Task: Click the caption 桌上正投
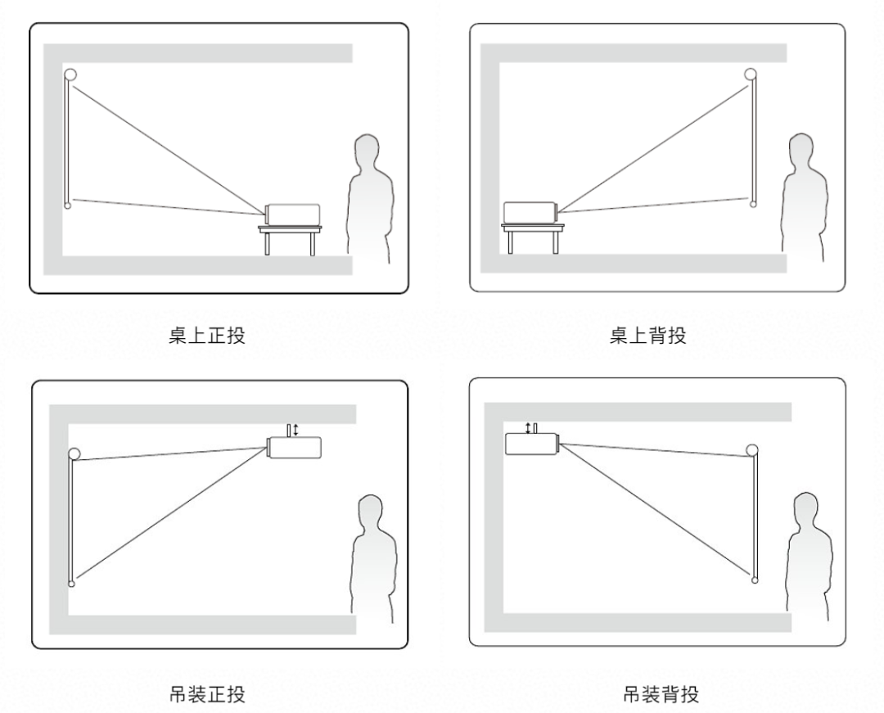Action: [x=207, y=336]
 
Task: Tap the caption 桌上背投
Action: [x=647, y=336]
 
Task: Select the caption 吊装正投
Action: [x=207, y=694]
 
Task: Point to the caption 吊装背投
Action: [x=661, y=694]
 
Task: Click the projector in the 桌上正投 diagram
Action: [x=292, y=214]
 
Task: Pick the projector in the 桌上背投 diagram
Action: [x=530, y=213]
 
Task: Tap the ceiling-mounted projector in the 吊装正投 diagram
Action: [x=294, y=447]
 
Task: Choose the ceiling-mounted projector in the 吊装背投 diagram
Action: [x=532, y=444]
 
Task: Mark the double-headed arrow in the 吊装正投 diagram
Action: [x=296, y=430]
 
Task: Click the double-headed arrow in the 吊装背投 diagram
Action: [x=528, y=428]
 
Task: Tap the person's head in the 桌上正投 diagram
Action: [x=367, y=152]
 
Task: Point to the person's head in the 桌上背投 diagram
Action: [x=801, y=151]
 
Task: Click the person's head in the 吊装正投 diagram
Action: [x=371, y=512]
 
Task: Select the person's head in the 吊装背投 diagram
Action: [x=805, y=510]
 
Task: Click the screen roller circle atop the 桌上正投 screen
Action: [x=70, y=74]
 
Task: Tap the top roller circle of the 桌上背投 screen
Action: [x=751, y=74]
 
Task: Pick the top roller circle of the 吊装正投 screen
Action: [x=74, y=454]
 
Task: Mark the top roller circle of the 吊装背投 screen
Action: [x=752, y=449]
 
